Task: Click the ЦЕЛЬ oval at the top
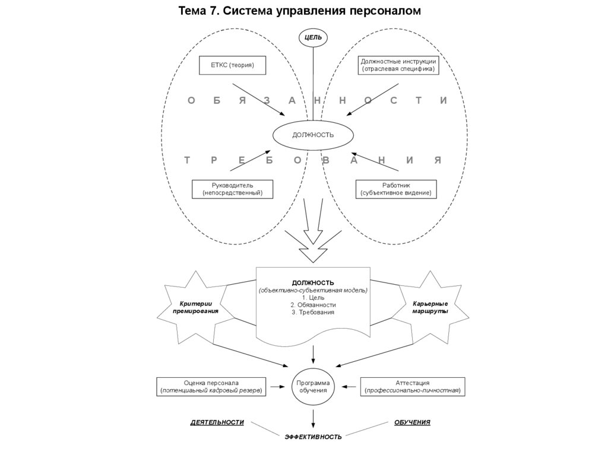[313, 37]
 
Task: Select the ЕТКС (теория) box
[232, 65]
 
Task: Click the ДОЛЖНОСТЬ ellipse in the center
[313, 135]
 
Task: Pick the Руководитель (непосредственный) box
[228, 189]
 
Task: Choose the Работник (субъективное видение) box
[396, 189]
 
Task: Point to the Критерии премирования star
[195, 307]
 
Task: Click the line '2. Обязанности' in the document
[313, 305]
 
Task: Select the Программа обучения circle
[313, 387]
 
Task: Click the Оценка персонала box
[211, 387]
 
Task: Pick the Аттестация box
[412, 387]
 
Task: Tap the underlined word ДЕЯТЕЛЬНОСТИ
[217, 422]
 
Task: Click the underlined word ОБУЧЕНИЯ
[412, 422]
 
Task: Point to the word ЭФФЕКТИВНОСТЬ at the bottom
[313, 437]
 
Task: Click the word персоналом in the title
[384, 11]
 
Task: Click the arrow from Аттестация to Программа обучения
[349, 387]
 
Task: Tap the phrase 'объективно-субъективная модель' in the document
[313, 290]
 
